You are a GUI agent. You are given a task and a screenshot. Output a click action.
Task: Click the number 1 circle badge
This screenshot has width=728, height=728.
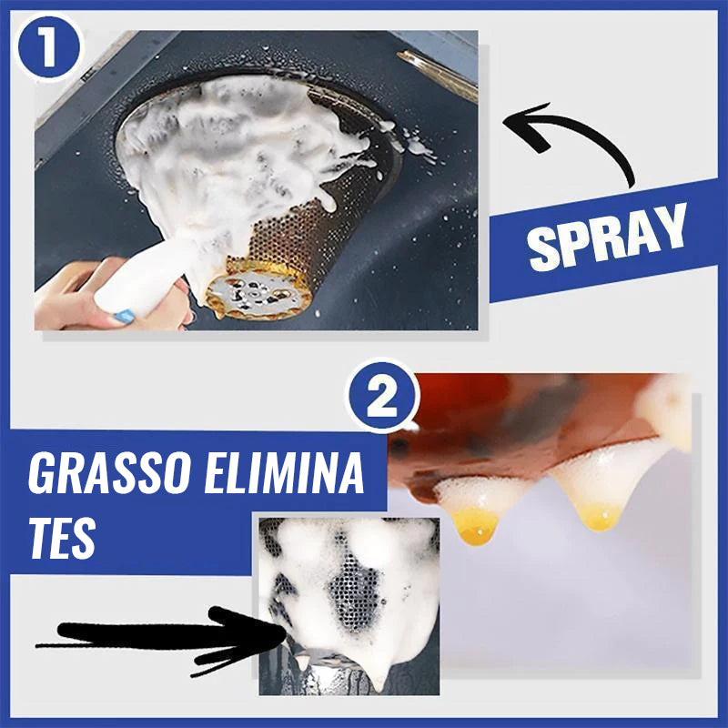(48, 47)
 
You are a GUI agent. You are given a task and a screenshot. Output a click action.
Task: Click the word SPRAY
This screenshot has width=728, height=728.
(607, 238)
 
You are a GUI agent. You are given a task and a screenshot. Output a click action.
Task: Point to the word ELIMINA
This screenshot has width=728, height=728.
(284, 472)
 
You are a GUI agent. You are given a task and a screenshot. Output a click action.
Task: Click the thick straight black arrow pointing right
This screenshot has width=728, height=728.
(160, 640)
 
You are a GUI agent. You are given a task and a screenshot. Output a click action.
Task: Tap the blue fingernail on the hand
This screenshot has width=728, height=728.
(125, 317)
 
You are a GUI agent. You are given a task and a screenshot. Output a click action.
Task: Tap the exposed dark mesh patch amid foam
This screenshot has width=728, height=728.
(354, 594)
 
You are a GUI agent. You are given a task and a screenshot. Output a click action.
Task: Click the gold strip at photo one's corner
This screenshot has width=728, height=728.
(438, 75)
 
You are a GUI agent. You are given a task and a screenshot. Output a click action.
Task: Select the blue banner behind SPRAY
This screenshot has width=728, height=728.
(603, 238)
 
